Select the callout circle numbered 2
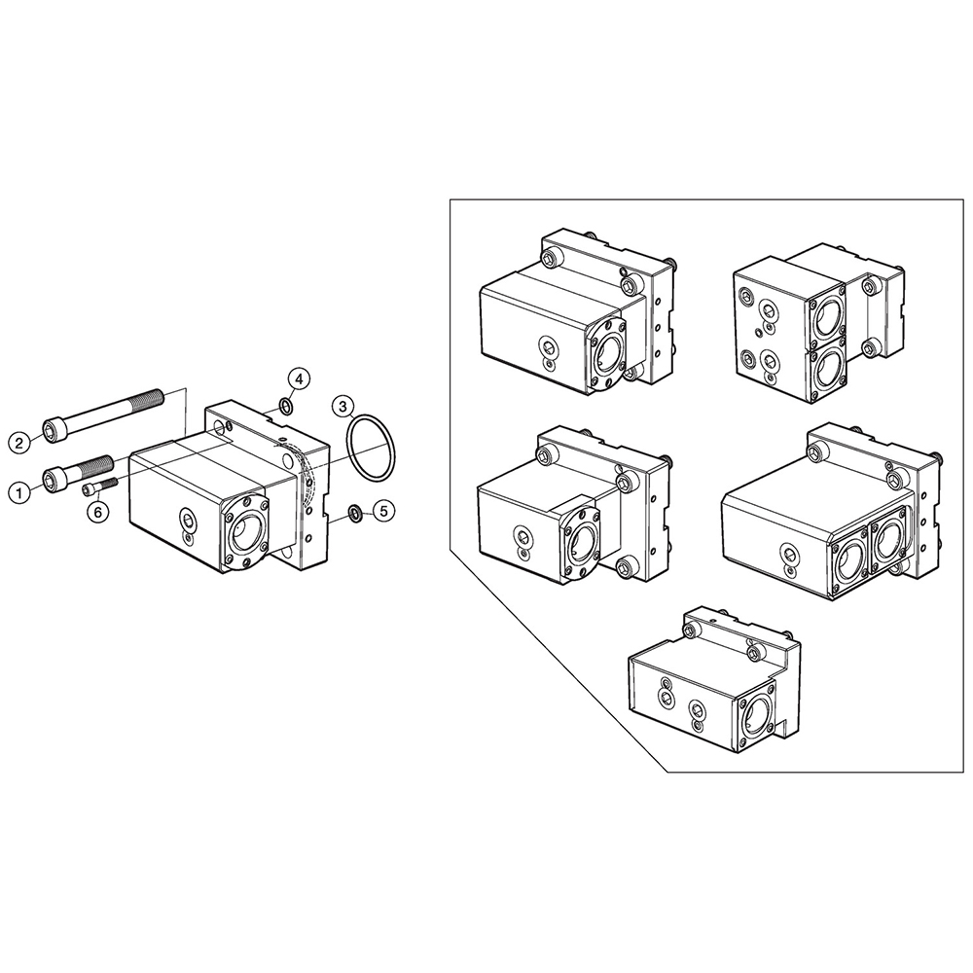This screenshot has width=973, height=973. [x=18, y=443]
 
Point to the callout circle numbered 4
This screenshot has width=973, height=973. [x=300, y=378]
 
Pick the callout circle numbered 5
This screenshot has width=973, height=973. [x=383, y=509]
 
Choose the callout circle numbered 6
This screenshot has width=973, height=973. [x=98, y=511]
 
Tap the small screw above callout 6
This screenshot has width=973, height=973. [x=99, y=484]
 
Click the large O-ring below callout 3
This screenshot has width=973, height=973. [x=371, y=449]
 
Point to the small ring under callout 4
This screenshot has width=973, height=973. [x=285, y=405]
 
